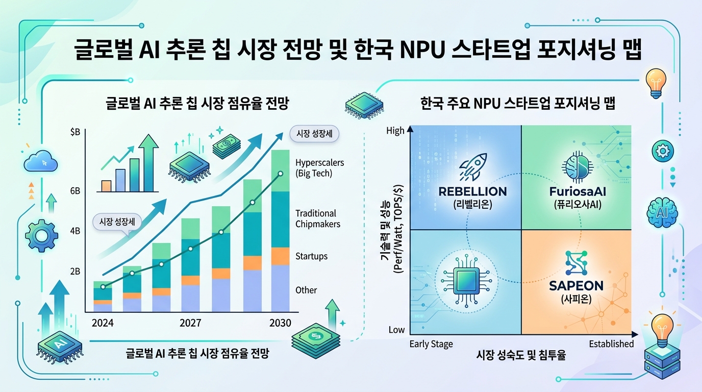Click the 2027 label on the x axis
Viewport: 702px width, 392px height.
(x=190, y=323)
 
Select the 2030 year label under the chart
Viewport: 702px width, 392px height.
(x=280, y=323)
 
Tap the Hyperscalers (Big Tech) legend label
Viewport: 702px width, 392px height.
(x=319, y=168)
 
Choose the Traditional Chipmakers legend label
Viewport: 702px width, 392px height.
(x=317, y=218)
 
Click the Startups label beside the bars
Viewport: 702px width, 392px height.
(x=311, y=256)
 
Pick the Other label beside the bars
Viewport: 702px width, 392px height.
(x=306, y=290)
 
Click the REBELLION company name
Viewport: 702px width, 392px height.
(x=472, y=192)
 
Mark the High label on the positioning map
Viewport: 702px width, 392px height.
(x=395, y=131)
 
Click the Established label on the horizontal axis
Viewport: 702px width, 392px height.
(x=611, y=344)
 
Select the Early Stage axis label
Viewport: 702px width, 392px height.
(x=431, y=344)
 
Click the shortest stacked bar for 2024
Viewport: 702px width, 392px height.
(x=103, y=297)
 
